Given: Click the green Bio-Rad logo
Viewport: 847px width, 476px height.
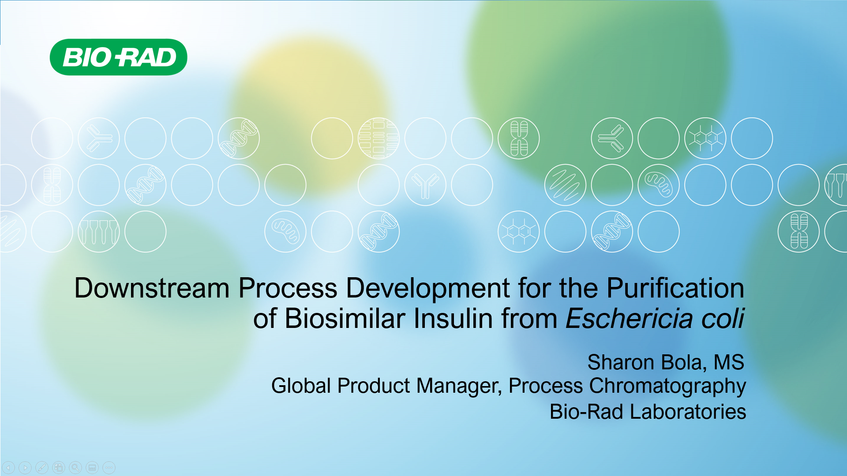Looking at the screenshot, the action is (x=118, y=57).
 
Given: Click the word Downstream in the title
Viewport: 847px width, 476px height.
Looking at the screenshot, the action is (x=152, y=288).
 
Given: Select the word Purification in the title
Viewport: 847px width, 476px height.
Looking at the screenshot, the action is (x=675, y=288).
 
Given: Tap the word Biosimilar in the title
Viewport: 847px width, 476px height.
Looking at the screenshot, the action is (x=345, y=318).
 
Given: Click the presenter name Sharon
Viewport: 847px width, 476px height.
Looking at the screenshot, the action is (x=621, y=362).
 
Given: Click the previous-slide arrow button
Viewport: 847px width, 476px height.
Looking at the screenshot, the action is (x=8, y=468).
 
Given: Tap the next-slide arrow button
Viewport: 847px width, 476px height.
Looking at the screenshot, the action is (x=25, y=468).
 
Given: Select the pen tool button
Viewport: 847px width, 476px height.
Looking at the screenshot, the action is (x=42, y=468).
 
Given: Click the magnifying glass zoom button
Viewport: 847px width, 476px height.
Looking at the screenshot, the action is (x=75, y=468).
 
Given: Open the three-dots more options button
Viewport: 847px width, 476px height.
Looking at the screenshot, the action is (x=109, y=468).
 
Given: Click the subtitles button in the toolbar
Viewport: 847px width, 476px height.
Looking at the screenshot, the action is (x=92, y=468).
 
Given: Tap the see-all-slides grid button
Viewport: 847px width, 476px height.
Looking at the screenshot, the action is (x=59, y=468).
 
